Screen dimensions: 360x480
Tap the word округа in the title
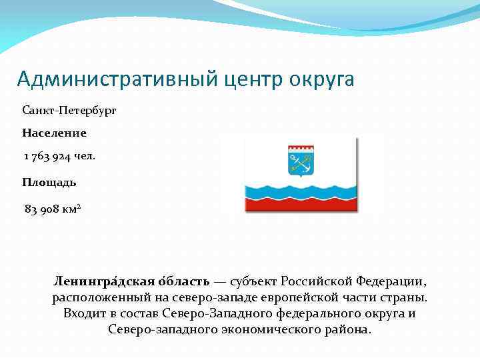[322, 80]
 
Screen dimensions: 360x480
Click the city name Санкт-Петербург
[69, 110]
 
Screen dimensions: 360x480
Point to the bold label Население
[54, 133]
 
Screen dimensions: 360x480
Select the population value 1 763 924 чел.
[59, 156]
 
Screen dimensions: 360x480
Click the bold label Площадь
[49, 182]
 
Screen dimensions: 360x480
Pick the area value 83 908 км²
[53, 209]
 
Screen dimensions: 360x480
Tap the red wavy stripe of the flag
[300, 205]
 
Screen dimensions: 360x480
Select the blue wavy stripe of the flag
[300, 191]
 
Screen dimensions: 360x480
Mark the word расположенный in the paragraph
[95, 297]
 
